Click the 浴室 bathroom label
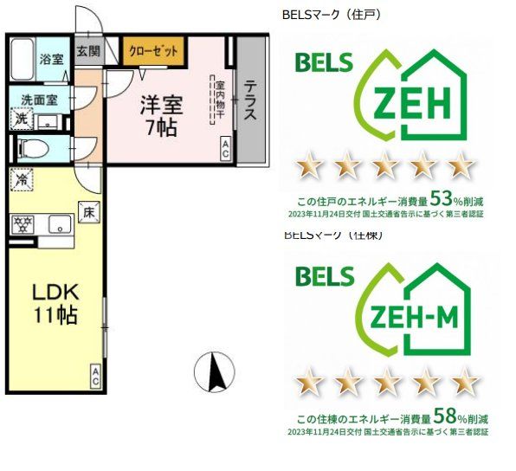(51, 60)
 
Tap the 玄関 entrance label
(87, 50)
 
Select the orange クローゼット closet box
(153, 51)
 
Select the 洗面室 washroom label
(40, 98)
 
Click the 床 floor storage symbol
(88, 210)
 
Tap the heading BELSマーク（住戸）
(332, 15)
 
